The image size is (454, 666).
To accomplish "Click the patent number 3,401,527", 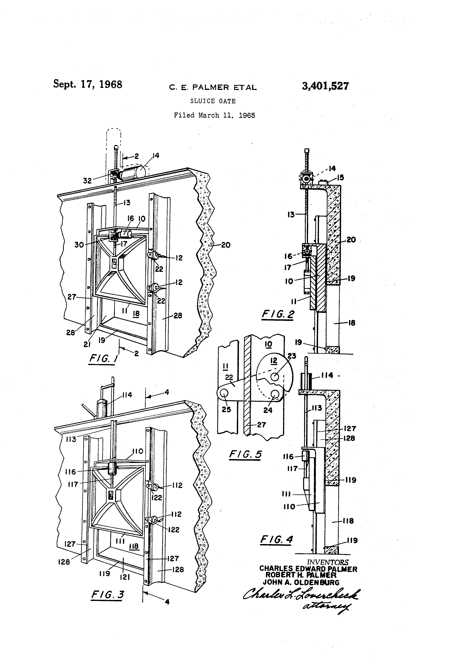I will [x=325, y=86].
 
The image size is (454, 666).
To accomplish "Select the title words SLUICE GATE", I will [x=213, y=101].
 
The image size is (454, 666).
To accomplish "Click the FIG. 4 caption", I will [x=276, y=540].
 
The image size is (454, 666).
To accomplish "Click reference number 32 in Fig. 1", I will [x=87, y=181].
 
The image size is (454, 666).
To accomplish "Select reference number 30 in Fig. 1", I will [x=79, y=245].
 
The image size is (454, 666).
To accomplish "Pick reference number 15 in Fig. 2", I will [x=340, y=178].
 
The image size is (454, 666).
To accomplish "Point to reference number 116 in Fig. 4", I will [x=288, y=457].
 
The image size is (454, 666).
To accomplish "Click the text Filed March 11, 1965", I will [x=214, y=115].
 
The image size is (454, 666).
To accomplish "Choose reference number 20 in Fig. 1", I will [x=226, y=245].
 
